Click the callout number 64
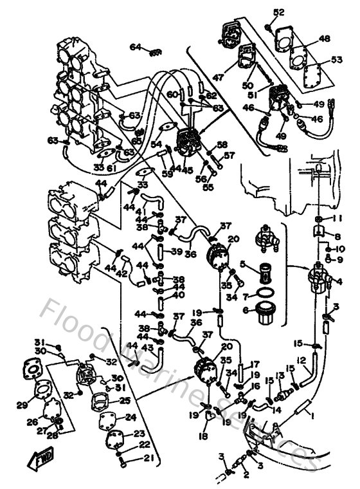tap(135, 47)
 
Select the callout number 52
tap(278, 13)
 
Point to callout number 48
tap(324, 39)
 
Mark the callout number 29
tap(22, 404)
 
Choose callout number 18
tap(205, 436)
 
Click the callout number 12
tap(301, 360)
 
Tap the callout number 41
tap(139, 212)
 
